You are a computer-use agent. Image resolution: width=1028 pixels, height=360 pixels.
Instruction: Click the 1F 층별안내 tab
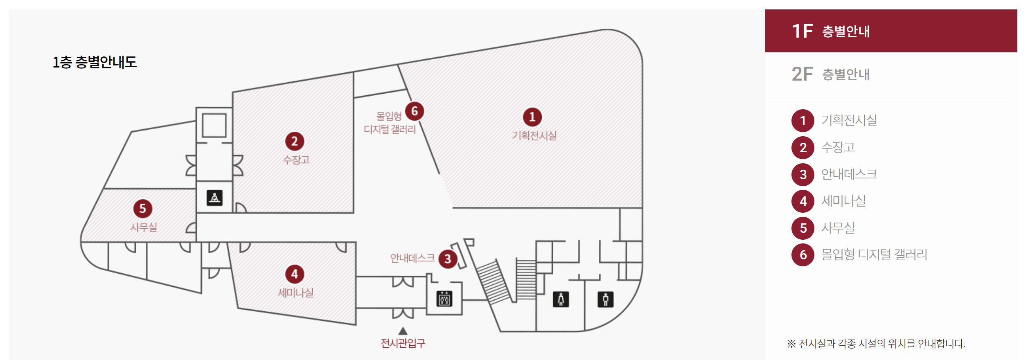point(891,31)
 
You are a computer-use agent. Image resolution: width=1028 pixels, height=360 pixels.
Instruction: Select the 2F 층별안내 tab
point(891,74)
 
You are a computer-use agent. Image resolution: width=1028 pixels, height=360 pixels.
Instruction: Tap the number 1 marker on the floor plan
point(532,117)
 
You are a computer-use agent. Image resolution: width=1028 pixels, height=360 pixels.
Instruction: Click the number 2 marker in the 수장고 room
point(295,141)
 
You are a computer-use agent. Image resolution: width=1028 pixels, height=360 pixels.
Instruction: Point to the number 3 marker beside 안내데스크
point(448,259)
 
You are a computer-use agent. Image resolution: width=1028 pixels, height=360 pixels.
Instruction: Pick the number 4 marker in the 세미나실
point(295,274)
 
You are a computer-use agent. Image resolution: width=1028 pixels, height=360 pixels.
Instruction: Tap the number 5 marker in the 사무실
point(143,209)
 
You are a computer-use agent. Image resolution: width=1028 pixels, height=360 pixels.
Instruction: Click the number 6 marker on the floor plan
point(415,111)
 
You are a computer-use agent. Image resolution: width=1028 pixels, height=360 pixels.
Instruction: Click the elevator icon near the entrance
point(444,299)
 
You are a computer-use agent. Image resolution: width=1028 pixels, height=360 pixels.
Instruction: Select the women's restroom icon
point(561,299)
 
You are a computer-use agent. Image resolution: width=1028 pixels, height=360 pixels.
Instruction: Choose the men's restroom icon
point(605,299)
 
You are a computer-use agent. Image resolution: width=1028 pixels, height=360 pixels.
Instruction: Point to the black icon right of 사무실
point(214,198)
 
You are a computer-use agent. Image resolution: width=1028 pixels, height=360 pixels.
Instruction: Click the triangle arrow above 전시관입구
point(403,331)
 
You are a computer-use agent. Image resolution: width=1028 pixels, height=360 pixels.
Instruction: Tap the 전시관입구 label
point(403,343)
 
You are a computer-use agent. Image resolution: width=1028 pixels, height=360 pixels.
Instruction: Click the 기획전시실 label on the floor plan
point(534,135)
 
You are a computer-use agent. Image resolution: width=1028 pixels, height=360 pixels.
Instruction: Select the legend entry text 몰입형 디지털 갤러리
point(874,254)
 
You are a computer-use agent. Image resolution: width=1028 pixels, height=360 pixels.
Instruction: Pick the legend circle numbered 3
point(803,175)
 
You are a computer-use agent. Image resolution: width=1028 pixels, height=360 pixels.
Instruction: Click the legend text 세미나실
point(843,201)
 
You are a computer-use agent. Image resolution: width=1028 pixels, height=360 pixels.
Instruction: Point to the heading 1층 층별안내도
point(95,62)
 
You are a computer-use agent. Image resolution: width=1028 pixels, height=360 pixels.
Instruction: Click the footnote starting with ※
point(876,344)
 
